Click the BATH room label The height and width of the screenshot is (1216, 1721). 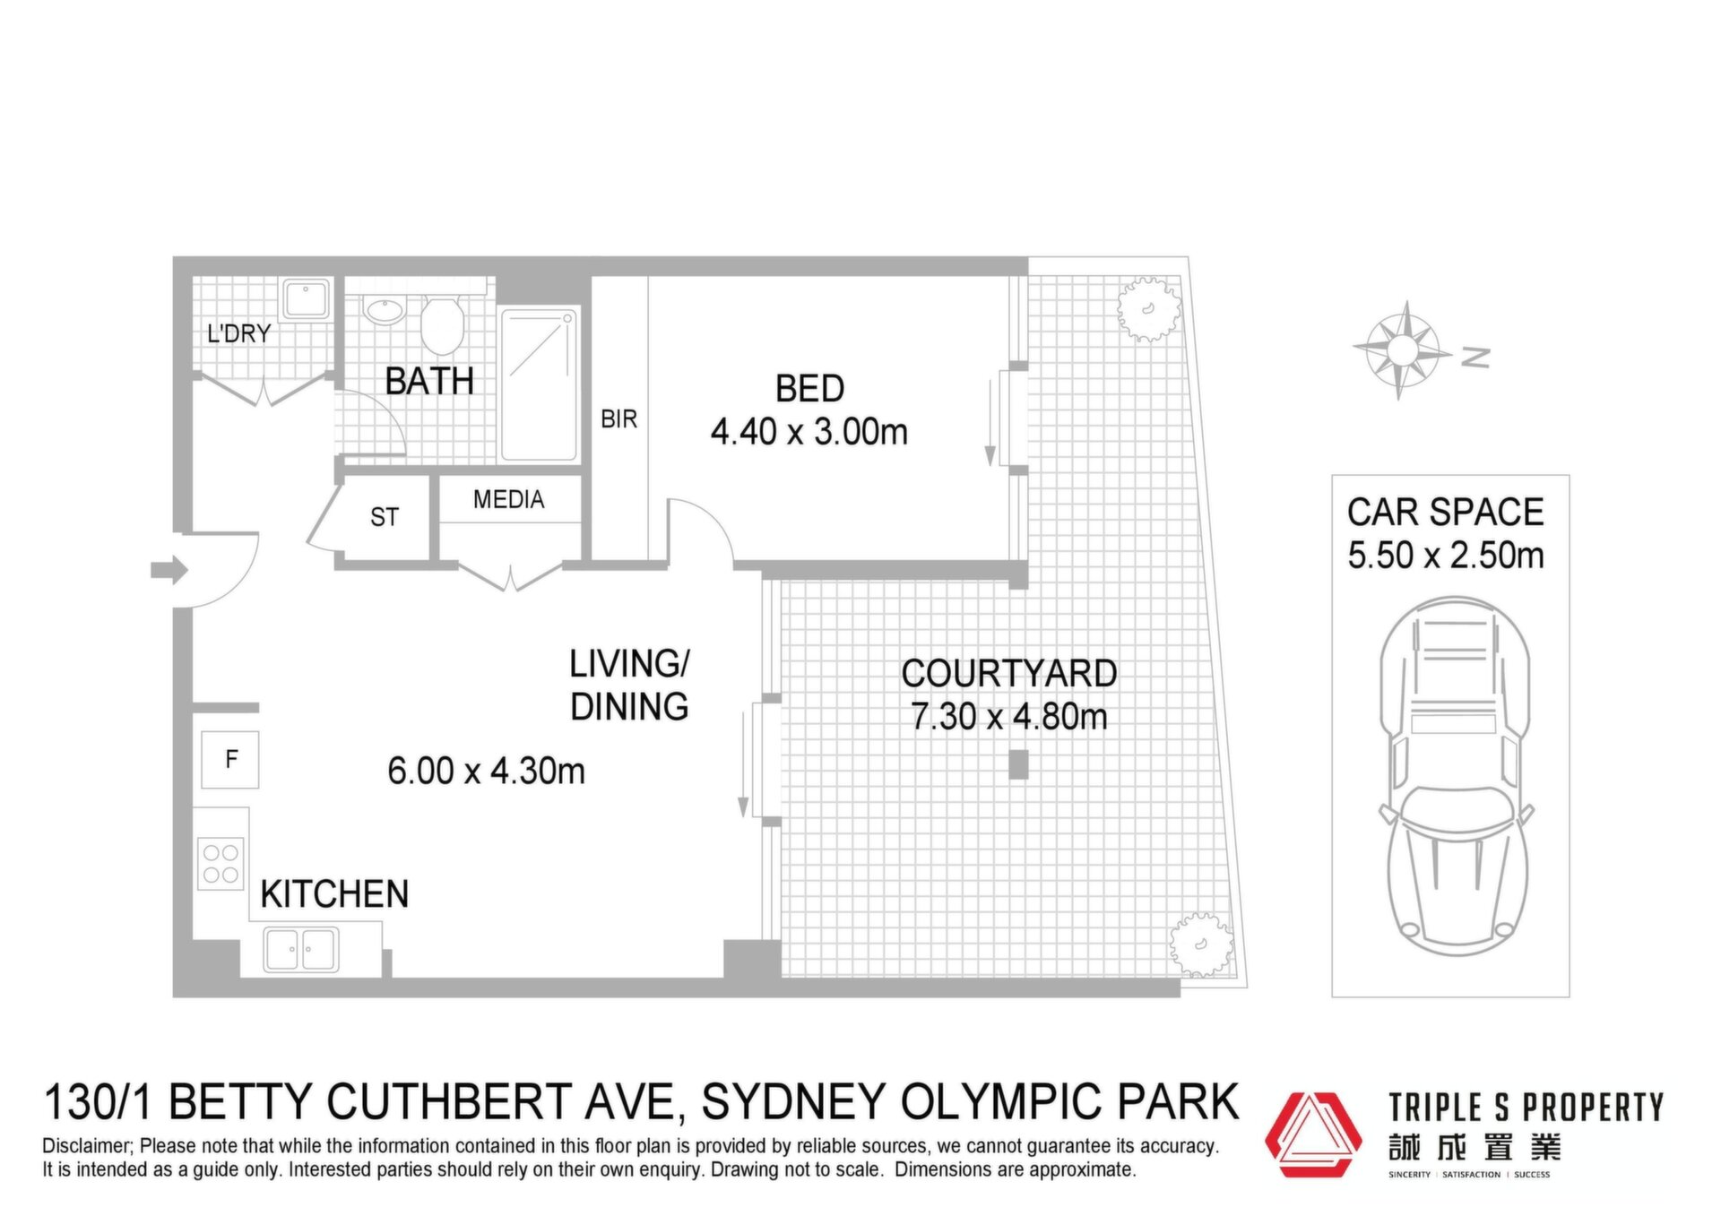(429, 382)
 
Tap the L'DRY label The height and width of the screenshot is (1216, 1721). (238, 334)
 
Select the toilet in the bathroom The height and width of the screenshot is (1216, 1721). (441, 325)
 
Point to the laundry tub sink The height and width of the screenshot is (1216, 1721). (307, 298)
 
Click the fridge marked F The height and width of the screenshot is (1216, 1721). (230, 760)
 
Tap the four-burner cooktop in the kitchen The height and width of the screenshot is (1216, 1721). (221, 864)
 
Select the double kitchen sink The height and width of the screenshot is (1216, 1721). (301, 950)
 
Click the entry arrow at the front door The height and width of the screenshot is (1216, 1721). (169, 570)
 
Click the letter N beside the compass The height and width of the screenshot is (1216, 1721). (1475, 358)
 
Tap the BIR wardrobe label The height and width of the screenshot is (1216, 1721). (618, 419)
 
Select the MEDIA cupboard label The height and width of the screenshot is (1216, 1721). (509, 499)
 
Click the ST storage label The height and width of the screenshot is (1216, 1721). (385, 517)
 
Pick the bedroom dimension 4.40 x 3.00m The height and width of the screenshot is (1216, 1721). (809, 432)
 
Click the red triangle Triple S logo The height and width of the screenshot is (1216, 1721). (1313, 1134)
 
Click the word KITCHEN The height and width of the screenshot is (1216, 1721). (334, 894)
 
